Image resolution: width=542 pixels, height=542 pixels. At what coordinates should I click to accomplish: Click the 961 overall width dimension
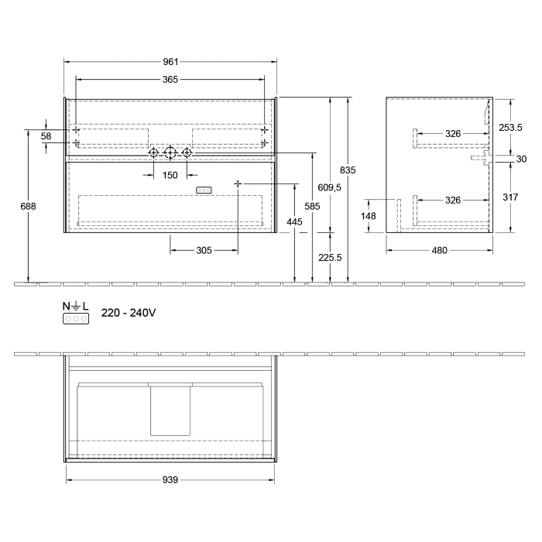pos(170,61)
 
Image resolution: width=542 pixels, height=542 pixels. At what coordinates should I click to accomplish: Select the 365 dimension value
pos(170,79)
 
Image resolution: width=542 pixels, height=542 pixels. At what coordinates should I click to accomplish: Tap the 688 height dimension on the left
pos(29,206)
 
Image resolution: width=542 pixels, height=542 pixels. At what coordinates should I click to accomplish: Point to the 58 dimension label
pos(46,136)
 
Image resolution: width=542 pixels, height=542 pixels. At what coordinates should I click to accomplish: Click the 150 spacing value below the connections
pos(170,175)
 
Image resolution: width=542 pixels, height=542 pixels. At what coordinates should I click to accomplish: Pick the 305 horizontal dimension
pos(204,250)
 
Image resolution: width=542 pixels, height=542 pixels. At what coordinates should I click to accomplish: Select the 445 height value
pos(295,222)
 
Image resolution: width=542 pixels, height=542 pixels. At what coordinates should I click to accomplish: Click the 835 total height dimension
pos(348,170)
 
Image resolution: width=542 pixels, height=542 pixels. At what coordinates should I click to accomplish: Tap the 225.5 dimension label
pos(331,259)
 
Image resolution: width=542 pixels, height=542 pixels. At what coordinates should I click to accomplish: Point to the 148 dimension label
pos(370,216)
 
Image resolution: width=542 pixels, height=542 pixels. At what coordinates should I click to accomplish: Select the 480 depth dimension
pos(439,250)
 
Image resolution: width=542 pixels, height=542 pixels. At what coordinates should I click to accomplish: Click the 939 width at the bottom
pos(170,480)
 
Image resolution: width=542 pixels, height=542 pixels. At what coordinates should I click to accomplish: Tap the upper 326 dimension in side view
pos(453,134)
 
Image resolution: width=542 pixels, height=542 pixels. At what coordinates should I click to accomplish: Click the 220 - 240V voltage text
pos(129,313)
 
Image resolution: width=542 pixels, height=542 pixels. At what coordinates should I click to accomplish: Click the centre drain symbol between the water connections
pos(170,153)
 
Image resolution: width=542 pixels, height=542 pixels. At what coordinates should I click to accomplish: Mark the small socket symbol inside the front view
pos(204,190)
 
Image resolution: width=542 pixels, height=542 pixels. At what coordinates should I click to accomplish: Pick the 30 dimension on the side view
pos(521,159)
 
